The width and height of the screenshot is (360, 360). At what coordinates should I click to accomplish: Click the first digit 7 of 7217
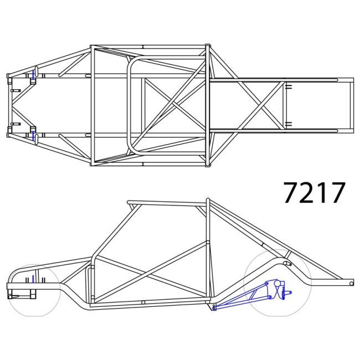coord(292,192)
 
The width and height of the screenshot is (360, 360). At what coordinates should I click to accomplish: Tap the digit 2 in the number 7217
coord(308,192)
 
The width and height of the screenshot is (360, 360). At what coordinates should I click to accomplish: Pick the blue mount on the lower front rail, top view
coord(34,134)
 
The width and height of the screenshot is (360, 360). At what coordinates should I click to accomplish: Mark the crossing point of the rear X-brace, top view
coord(261,104)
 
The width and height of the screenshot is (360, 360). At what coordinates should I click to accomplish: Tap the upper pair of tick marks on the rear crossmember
coord(289,86)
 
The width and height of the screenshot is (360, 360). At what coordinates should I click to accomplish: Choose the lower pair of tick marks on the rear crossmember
coord(289,122)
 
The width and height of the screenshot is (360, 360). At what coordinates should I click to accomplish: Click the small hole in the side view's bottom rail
coord(143,302)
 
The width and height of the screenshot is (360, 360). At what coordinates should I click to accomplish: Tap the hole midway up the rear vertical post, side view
coord(207,242)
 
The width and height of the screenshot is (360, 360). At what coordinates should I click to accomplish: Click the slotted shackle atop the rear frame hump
coord(287,264)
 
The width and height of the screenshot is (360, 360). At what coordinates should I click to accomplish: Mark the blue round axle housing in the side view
coord(273,287)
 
